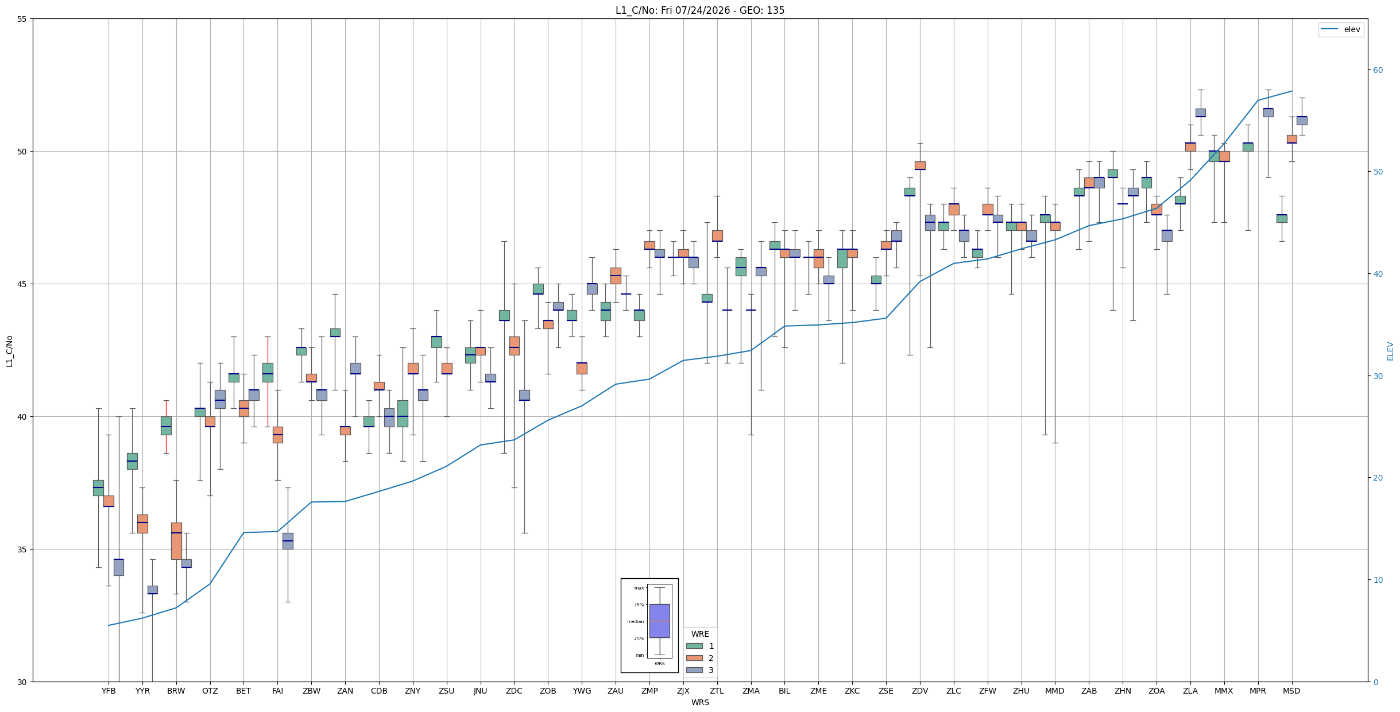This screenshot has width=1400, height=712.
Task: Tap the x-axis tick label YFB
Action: coord(109,691)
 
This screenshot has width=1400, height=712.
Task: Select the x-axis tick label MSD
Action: coord(1291,691)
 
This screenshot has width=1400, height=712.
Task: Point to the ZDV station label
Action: coord(920,691)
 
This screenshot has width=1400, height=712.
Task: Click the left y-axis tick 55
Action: coord(22,19)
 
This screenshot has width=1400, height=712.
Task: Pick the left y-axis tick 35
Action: coord(22,550)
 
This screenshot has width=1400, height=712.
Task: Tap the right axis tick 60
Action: coord(1378,70)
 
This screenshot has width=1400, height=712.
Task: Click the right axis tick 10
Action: coord(1378,580)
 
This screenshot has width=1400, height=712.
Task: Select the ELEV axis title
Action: coord(1390,351)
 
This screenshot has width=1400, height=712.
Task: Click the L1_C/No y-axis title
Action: coord(9,351)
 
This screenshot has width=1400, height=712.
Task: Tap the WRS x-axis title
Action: coord(700,702)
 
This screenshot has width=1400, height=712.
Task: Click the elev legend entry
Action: coord(1340,29)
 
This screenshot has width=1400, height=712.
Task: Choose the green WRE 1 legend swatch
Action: coord(694,646)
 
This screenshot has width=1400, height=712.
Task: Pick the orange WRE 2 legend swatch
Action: coord(694,658)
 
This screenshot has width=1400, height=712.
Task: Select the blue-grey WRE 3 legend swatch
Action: coord(694,670)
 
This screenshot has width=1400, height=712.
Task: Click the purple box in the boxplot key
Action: coord(659,621)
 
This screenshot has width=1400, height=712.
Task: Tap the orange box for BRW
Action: coord(176,541)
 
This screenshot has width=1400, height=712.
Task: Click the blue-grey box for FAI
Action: coord(288,541)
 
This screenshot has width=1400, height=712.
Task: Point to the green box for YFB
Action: coord(98,488)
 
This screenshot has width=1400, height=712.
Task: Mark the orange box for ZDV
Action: coord(920,165)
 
